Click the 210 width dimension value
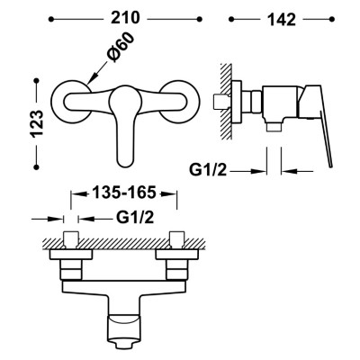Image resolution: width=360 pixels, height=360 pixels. pos(126,18)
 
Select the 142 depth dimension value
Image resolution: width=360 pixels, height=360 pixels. pos(282,20)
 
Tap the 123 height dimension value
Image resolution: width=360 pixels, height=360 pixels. pos(38,123)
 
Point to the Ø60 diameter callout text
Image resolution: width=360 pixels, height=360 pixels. pos(121,47)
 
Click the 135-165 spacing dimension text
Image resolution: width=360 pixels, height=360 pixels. pos(124,193)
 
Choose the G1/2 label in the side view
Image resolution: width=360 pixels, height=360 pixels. pos(208,170)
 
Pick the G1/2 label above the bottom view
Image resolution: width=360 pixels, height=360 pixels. pos(135,218)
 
